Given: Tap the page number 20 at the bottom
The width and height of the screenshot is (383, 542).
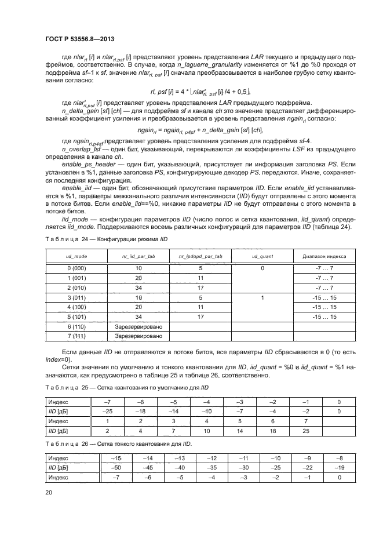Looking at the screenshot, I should pos(48,493).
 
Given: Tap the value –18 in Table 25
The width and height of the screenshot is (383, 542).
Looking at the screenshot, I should pos(138,411).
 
